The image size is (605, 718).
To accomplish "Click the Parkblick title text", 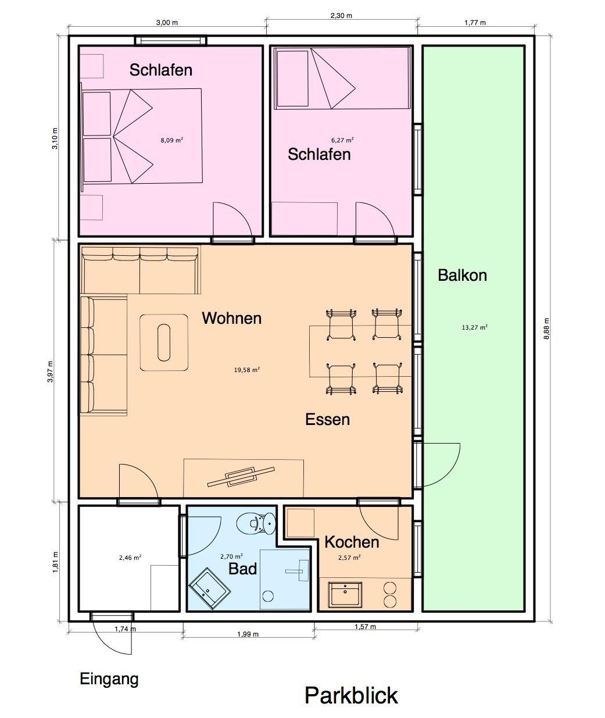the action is (351, 695).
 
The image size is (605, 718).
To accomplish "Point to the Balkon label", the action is (463, 275).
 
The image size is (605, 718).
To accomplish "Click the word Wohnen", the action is (232, 318).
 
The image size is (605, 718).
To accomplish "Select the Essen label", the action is (328, 420).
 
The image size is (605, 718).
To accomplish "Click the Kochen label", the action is (352, 542).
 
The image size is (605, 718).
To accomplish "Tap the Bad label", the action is (243, 569).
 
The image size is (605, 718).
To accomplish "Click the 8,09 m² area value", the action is (172, 140).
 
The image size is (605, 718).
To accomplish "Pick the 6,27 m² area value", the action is (342, 140).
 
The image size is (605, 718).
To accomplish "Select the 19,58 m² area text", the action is (247, 370).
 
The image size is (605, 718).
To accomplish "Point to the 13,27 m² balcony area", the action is (475, 327).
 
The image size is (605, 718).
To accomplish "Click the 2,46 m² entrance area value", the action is (130, 558).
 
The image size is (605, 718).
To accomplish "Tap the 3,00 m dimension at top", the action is (167, 23).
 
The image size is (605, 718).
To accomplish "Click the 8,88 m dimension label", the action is (546, 328).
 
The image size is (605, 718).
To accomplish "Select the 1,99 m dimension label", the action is (248, 634).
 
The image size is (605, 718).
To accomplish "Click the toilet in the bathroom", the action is (256, 523).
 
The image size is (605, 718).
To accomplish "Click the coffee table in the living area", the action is (164, 342).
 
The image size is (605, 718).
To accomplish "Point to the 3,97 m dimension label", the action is (51, 371).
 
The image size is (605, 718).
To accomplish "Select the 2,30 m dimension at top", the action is (341, 16).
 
